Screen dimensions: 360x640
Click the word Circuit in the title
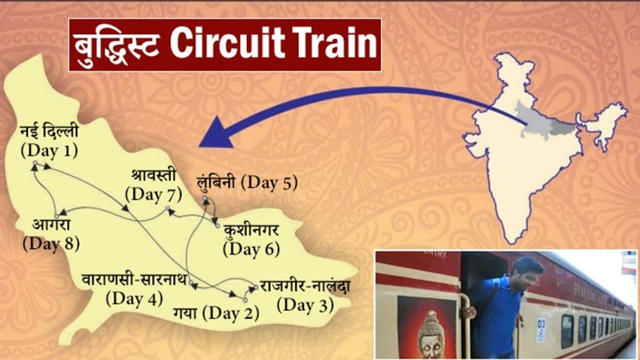pyautogui.click(x=234, y=44)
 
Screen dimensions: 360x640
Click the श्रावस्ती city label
pyautogui.click(x=154, y=176)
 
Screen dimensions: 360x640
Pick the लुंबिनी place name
pyautogui.click(x=217, y=183)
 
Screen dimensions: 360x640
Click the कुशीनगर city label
pyautogui.click(x=251, y=231)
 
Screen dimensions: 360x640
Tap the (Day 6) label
pyautogui.click(x=251, y=248)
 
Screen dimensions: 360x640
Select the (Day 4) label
pyautogui.click(x=134, y=298)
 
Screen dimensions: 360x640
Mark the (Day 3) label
pyautogui.click(x=305, y=305)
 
